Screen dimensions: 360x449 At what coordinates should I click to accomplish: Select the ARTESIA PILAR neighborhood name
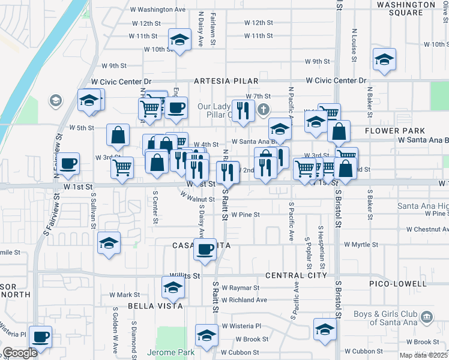(226, 80)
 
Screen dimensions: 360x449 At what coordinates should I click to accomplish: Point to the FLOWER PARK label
(394, 131)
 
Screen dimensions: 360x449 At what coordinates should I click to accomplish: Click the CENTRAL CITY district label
(297, 275)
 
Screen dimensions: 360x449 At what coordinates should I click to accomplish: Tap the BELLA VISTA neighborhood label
(140, 305)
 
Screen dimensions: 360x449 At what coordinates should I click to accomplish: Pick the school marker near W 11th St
(178, 40)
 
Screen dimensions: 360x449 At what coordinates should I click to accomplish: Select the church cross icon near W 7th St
(263, 110)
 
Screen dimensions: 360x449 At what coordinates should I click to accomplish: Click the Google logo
(20, 353)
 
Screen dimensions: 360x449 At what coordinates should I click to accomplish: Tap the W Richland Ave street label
(244, 300)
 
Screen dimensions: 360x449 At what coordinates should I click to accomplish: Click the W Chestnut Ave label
(427, 229)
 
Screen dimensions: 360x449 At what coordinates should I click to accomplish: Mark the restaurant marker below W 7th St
(243, 110)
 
